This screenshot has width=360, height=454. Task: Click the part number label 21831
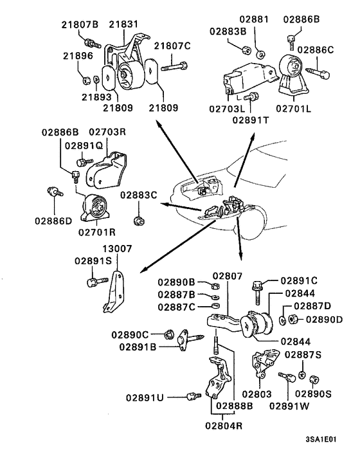tap(123, 24)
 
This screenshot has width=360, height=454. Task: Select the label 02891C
tap(300, 280)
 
